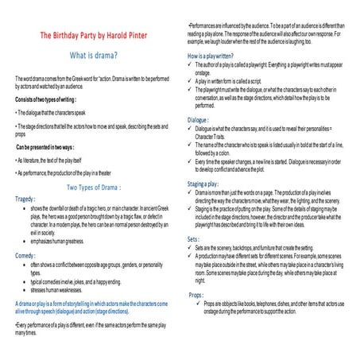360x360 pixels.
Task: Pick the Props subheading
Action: [198, 295]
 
